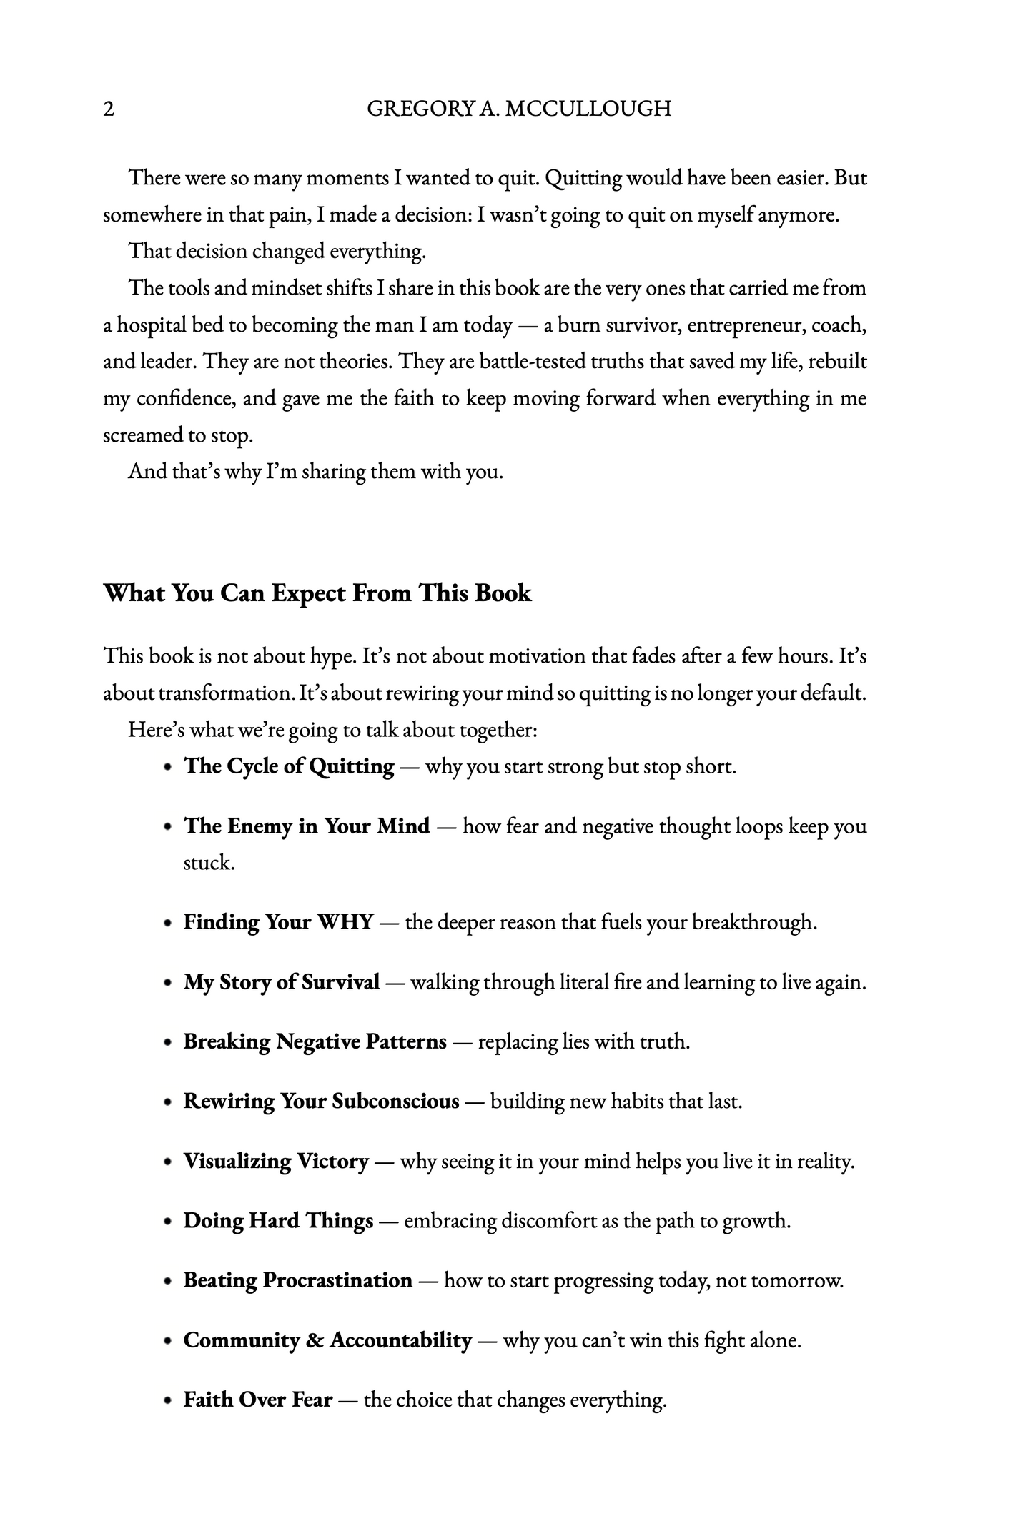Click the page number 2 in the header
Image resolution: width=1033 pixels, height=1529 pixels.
click(x=109, y=109)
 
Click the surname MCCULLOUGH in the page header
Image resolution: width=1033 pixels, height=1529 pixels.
click(x=588, y=109)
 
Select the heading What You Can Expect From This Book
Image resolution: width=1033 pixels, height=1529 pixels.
click(x=317, y=593)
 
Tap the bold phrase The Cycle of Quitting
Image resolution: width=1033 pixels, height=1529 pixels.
click(x=289, y=766)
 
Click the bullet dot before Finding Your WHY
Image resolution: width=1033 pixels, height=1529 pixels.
click(x=167, y=923)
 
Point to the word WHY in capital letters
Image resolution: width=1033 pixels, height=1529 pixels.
click(x=345, y=922)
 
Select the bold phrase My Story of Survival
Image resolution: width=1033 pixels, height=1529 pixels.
click(x=281, y=982)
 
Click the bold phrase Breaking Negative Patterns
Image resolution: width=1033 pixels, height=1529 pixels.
click(x=315, y=1041)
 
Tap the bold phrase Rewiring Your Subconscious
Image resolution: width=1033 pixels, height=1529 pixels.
click(x=321, y=1101)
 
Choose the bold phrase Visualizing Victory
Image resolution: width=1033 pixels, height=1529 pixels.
click(x=276, y=1161)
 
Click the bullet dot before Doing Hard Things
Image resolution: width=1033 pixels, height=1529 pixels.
click(x=167, y=1222)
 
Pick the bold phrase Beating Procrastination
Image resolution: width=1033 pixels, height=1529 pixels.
click(x=298, y=1280)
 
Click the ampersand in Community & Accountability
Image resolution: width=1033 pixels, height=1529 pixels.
click(x=314, y=1340)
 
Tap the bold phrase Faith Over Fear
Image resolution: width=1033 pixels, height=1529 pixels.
click(x=257, y=1399)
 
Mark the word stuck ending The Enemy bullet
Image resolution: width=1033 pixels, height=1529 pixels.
click(x=209, y=863)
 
